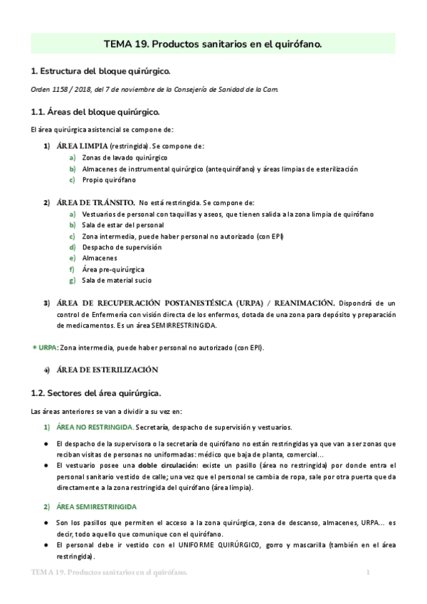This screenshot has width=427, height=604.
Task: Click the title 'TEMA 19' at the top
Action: pyautogui.click(x=125, y=44)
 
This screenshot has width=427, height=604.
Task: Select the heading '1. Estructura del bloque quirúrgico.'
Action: pyautogui.click(x=100, y=72)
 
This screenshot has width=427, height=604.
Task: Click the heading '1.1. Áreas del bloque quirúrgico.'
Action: pyautogui.click(x=95, y=112)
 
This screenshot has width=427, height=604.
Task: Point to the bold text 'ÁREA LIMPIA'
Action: pyautogui.click(x=83, y=146)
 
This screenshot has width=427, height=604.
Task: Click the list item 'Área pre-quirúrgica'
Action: pyautogui.click(x=113, y=269)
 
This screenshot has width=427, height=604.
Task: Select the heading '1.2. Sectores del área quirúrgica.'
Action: pyautogui.click(x=97, y=392)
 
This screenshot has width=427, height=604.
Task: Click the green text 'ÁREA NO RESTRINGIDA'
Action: pyautogui.click(x=95, y=427)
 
